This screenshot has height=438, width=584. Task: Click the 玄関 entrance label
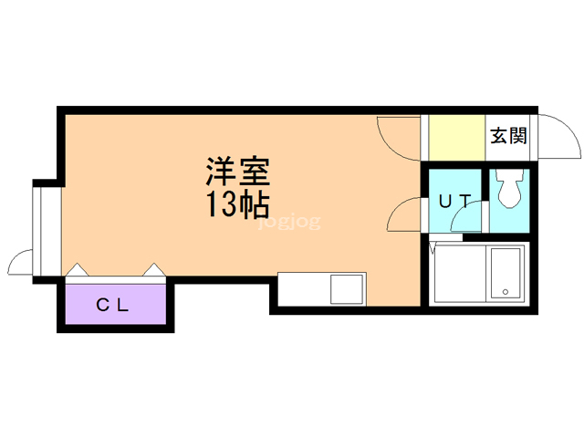(x=508, y=137)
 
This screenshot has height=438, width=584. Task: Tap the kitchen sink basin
(x=348, y=289)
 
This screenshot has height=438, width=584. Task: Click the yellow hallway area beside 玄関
(x=456, y=137)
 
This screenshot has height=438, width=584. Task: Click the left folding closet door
(x=77, y=270)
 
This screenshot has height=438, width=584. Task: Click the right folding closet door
(x=153, y=270)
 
